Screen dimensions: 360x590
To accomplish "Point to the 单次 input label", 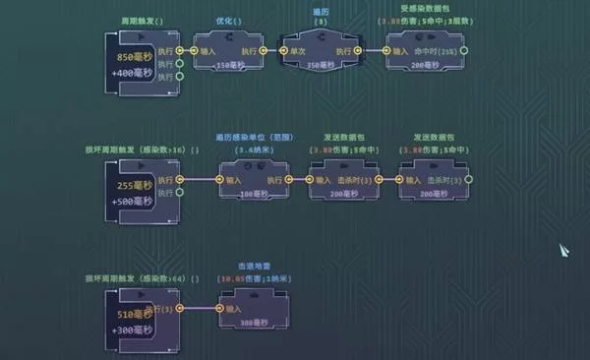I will point(305,50).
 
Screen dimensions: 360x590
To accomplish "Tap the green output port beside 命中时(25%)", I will point(465,50).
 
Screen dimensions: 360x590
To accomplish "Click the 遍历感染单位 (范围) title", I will point(252,138).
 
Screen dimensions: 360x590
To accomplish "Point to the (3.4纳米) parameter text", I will point(252,150).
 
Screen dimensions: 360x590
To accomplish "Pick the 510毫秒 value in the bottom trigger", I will point(122,316).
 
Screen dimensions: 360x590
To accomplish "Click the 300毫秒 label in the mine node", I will point(254,324).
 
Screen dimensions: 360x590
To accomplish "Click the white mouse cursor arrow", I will point(566,250).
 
